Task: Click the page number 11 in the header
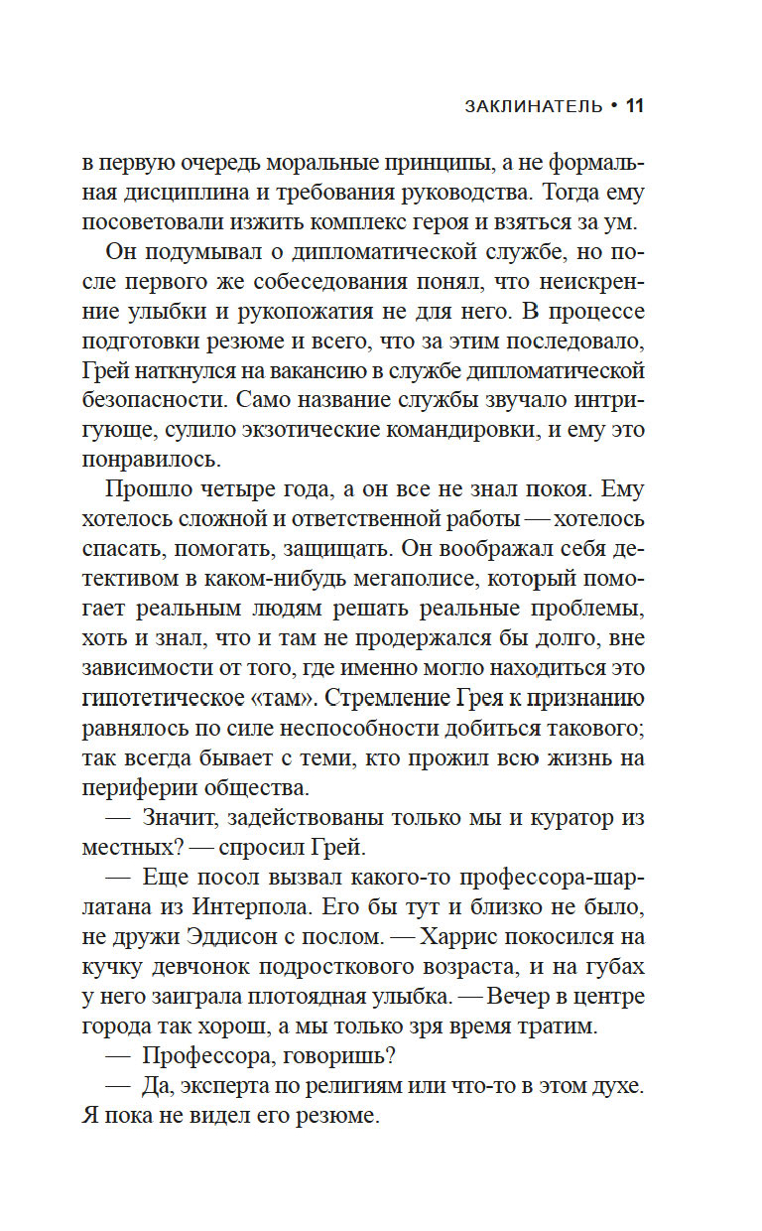[x=636, y=104]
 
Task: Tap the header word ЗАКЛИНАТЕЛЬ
[x=534, y=105]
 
